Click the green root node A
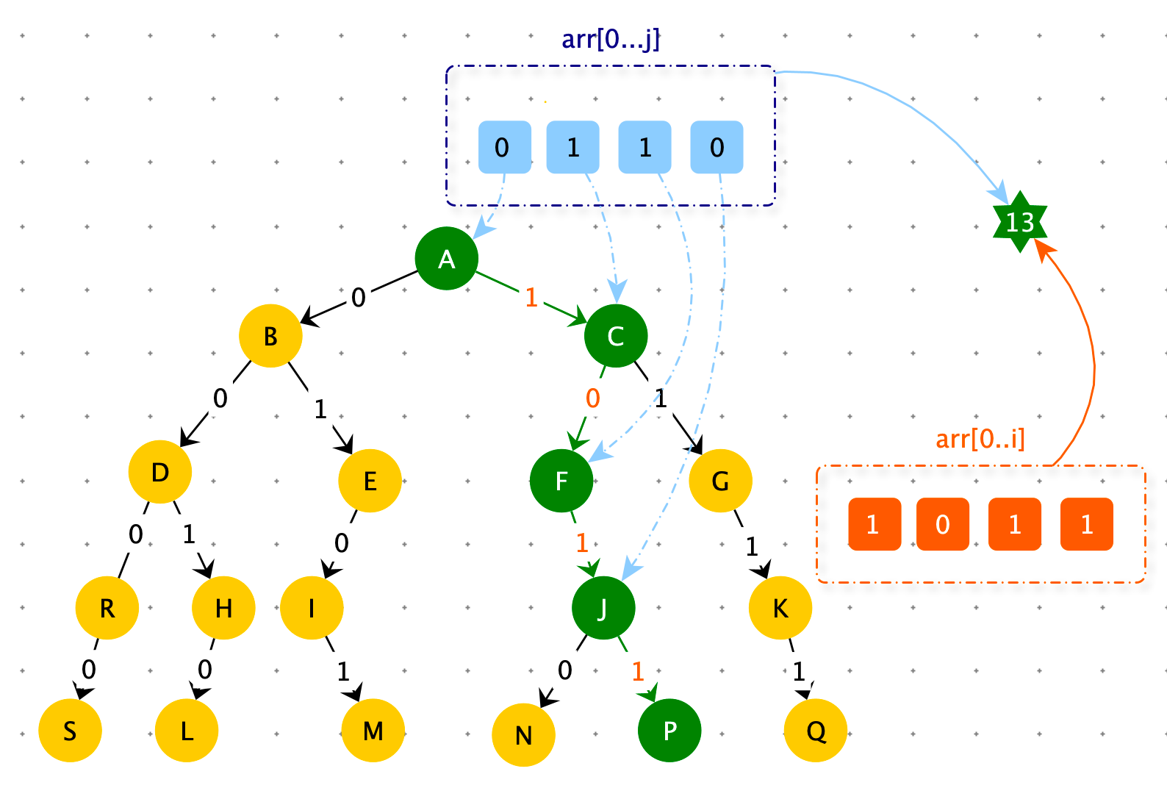pyautogui.click(x=447, y=259)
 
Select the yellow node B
pyautogui.click(x=270, y=336)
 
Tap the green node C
pyautogui.click(x=616, y=336)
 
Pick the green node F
pyautogui.click(x=561, y=481)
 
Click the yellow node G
pyautogui.click(x=720, y=481)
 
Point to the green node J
pyautogui.click(x=603, y=608)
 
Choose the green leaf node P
pyautogui.click(x=669, y=730)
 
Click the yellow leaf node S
pyautogui.click(x=71, y=730)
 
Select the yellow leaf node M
pyautogui.click(x=373, y=730)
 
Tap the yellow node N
pyautogui.click(x=523, y=735)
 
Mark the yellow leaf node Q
pyautogui.click(x=815, y=730)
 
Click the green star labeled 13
pyautogui.click(x=1020, y=222)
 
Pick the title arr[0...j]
pyautogui.click(x=611, y=39)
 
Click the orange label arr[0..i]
pyautogui.click(x=980, y=438)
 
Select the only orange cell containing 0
pyautogui.click(x=942, y=524)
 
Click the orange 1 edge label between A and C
pyautogui.click(x=531, y=298)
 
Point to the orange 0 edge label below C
pyautogui.click(x=593, y=398)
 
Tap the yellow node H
pyautogui.click(x=223, y=608)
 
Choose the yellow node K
pyautogui.click(x=780, y=608)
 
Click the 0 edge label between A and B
pyautogui.click(x=359, y=298)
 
